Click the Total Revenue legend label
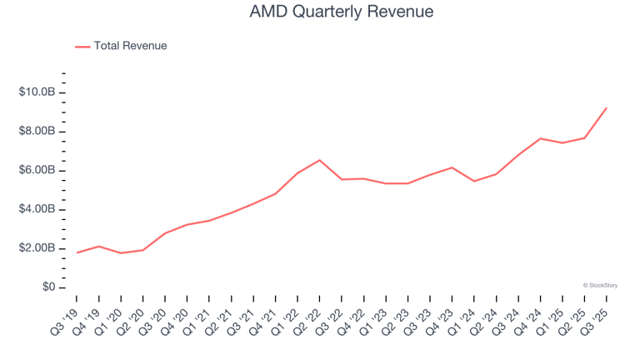pos(130,46)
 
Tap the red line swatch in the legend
pos(82,47)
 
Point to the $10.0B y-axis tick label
pos(37,92)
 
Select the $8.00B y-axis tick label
pos(37,131)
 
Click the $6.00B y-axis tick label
pos(37,170)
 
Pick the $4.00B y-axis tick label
pos(37,209)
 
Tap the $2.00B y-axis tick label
pos(37,248)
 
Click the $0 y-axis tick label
pos(48,287)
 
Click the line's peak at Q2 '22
pos(319,160)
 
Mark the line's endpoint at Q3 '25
pos(606,107)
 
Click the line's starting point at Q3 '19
pos(77,252)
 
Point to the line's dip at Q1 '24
pos(473,181)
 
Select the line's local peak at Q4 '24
pos(540,138)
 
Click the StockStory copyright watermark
pos(600,285)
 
